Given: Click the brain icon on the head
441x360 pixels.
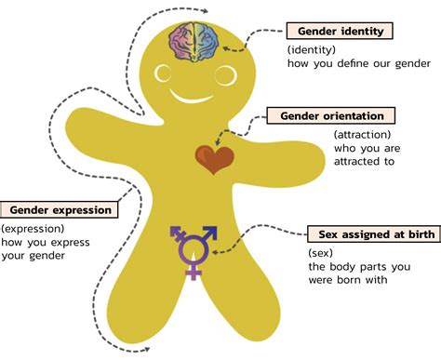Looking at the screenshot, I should pos(194,43).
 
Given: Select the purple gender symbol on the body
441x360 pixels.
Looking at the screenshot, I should pos(194,249).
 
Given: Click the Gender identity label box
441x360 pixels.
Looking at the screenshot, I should pos(339,32).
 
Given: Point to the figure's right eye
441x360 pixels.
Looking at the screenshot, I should pos(224,72).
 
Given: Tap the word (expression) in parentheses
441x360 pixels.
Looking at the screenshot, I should pos(33,229).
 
